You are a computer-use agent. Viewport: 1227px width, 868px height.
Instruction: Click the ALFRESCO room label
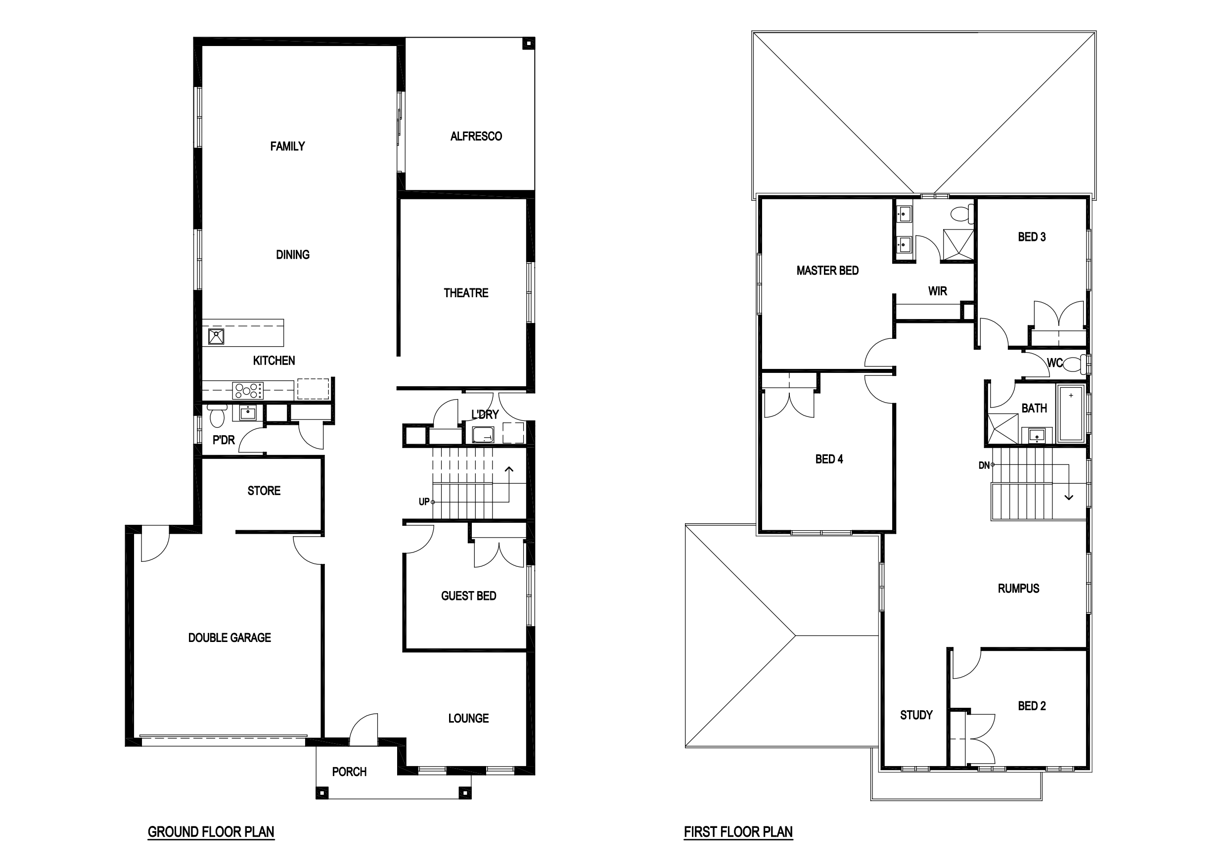[476, 137]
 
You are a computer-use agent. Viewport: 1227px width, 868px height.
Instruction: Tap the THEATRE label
[466, 293]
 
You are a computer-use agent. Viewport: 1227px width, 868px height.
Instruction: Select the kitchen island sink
[216, 337]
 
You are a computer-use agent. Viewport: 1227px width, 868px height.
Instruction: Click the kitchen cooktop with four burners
[247, 390]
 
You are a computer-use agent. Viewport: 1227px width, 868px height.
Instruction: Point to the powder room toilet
[217, 415]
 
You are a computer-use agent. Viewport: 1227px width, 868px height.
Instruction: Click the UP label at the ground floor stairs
[424, 502]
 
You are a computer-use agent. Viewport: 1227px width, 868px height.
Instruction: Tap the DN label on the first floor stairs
[984, 465]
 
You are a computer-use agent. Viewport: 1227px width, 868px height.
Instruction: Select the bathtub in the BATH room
[1071, 413]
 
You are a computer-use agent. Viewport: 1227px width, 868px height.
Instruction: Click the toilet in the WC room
[1076, 365]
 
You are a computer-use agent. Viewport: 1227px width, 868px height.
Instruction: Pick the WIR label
[937, 291]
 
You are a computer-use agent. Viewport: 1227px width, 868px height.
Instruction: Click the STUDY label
[916, 715]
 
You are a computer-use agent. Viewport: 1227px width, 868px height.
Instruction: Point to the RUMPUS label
[1019, 589]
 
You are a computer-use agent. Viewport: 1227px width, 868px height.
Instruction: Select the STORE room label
[264, 491]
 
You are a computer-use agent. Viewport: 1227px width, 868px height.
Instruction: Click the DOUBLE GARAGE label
[229, 638]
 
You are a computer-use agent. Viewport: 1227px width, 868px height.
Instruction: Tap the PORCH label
[349, 772]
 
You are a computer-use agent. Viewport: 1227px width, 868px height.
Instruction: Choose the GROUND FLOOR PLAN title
[211, 832]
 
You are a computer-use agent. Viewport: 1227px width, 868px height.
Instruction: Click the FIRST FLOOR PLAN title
[738, 832]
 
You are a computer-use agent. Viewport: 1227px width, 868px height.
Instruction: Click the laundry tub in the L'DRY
[483, 435]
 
